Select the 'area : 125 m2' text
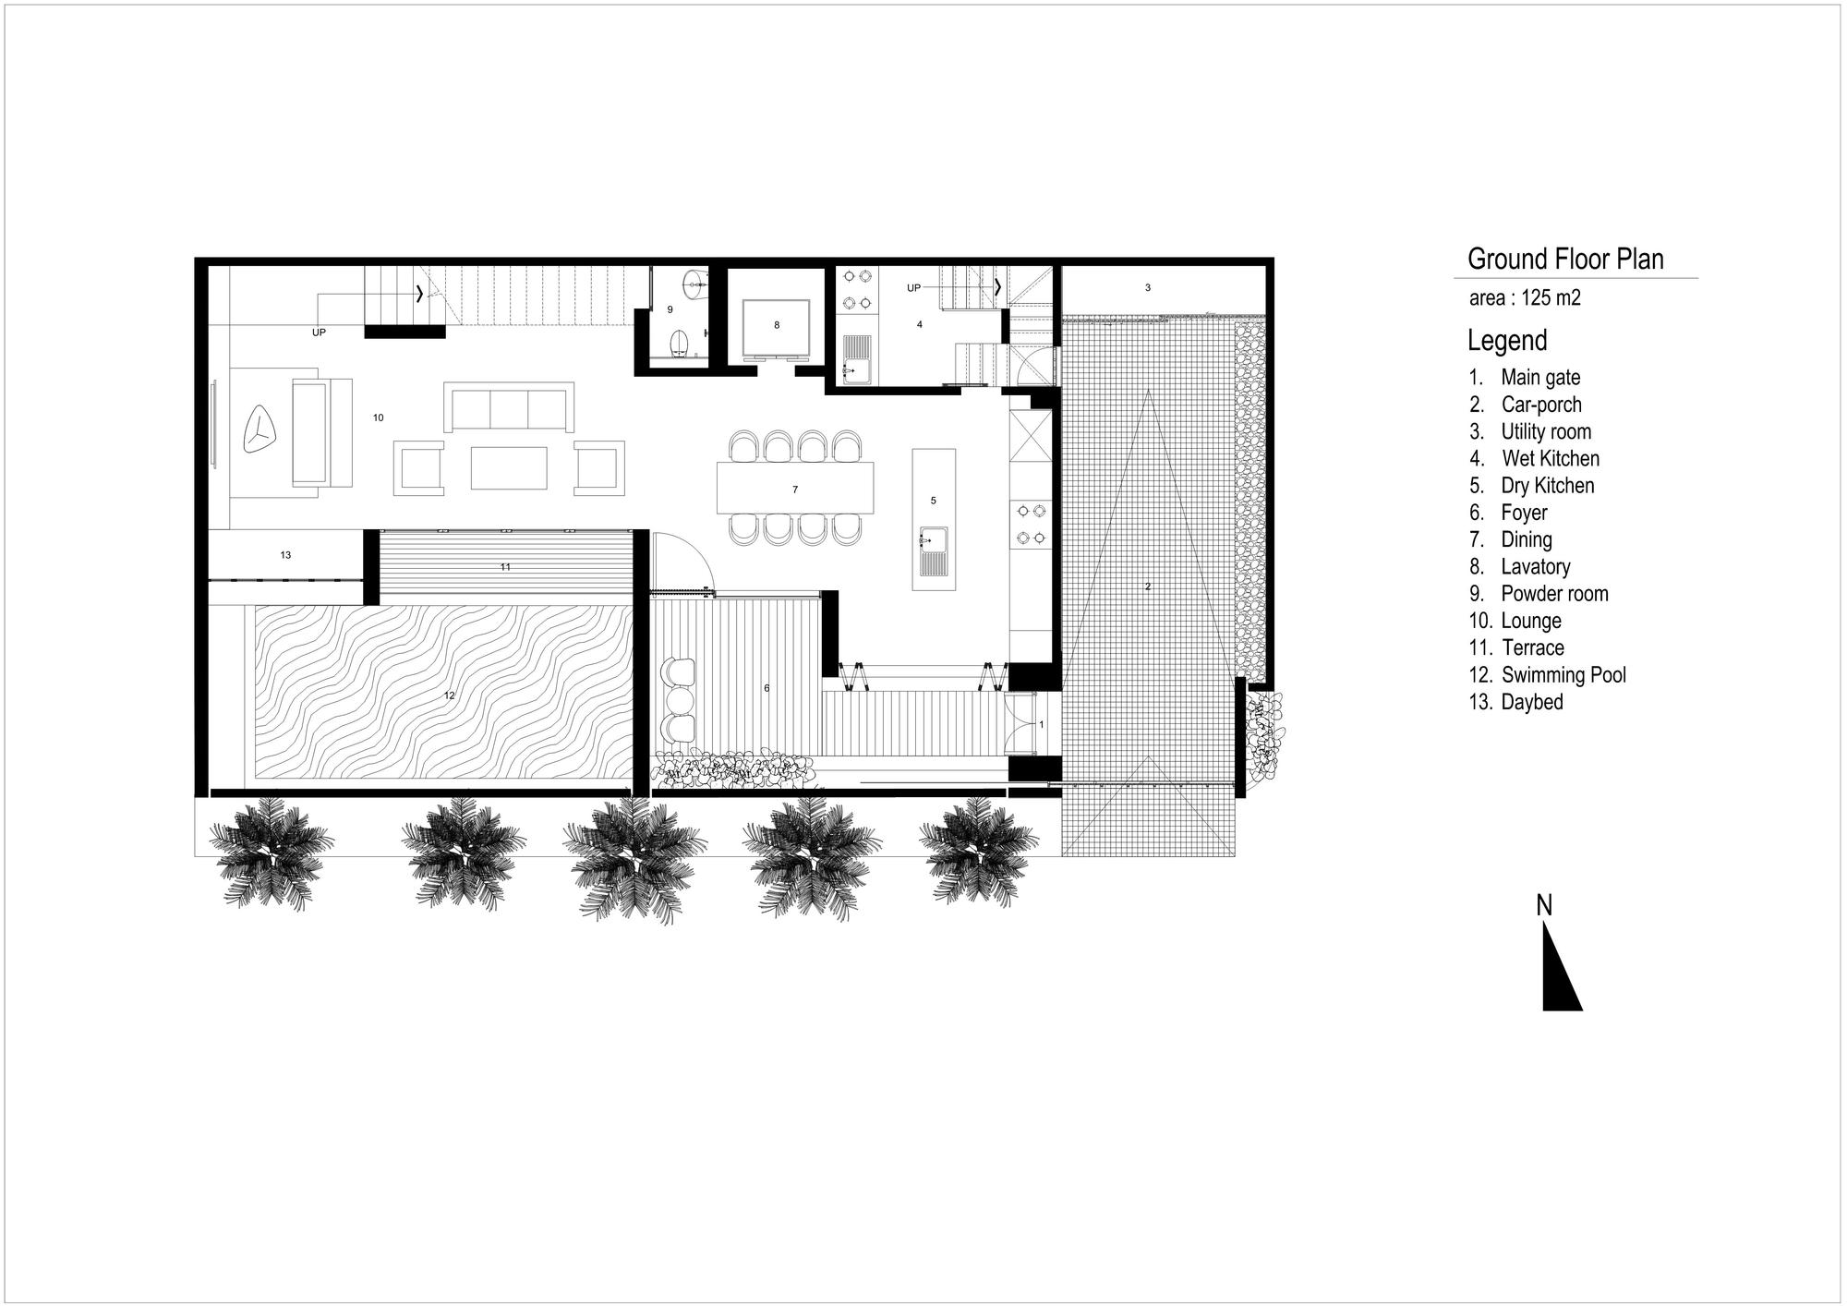1525,298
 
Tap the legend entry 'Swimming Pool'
1563,675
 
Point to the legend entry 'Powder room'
1553,594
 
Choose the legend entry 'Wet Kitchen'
1550,458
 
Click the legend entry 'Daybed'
1531,702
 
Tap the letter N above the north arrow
1544,906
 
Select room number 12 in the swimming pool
450,695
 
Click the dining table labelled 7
795,489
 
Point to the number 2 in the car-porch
1148,586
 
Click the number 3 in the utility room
1148,288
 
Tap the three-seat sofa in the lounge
509,407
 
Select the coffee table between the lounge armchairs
509,468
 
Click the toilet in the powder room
681,344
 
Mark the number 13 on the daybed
285,555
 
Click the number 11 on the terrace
505,567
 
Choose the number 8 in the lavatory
777,325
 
